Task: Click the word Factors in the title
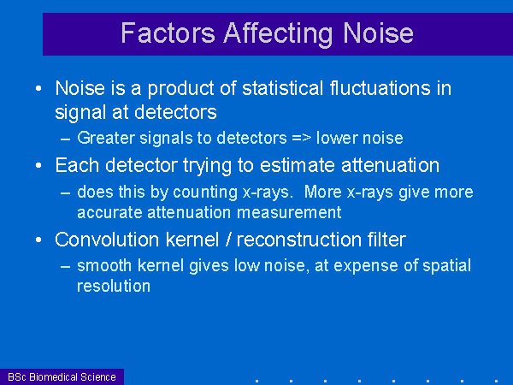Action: click(x=168, y=33)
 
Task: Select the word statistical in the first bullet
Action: click(x=283, y=88)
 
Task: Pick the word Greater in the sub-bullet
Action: click(x=106, y=138)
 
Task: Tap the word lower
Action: click(x=335, y=138)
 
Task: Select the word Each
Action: click(x=77, y=164)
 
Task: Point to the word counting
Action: click(x=205, y=193)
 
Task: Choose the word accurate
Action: click(x=109, y=213)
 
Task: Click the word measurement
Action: click(x=289, y=212)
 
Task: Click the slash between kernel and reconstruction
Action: click(x=228, y=240)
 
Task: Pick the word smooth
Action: click(x=104, y=265)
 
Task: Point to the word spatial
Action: click(x=446, y=266)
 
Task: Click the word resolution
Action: click(x=114, y=286)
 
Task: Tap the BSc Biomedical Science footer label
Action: click(x=62, y=376)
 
